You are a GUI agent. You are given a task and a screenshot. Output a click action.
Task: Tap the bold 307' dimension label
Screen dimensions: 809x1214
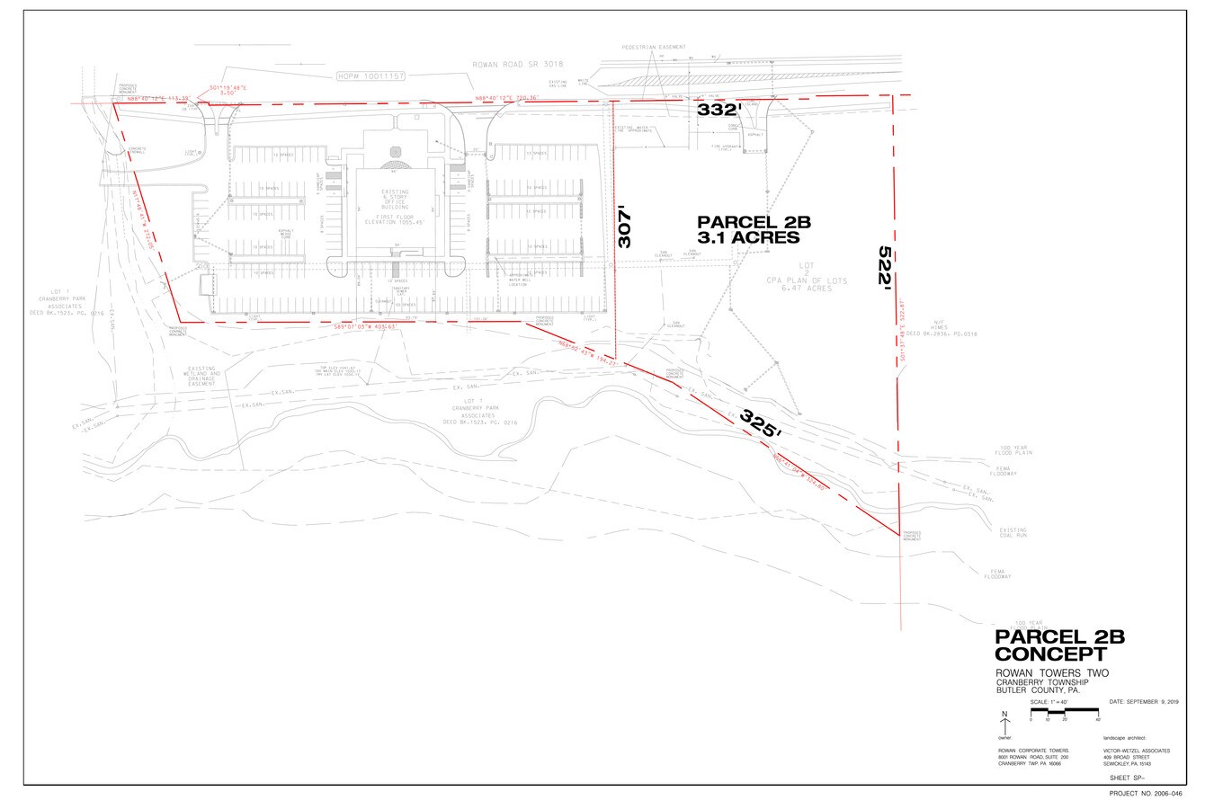(627, 228)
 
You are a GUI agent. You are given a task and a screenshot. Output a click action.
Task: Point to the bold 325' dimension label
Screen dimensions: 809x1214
(760, 423)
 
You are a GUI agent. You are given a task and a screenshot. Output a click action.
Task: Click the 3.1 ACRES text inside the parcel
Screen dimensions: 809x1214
(748, 238)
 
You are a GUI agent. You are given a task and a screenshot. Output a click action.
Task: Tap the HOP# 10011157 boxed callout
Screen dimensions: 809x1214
(370, 77)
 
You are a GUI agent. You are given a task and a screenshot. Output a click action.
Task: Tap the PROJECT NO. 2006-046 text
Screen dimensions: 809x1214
(1147, 795)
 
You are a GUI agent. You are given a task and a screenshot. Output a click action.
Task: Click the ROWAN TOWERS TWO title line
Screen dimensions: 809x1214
(1051, 673)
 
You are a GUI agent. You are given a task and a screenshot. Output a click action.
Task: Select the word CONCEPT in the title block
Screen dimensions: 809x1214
(1050, 654)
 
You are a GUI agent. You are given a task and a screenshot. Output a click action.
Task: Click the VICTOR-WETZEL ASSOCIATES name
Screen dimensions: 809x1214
(1137, 751)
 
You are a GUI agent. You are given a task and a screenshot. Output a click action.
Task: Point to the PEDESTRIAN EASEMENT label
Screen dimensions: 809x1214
(653, 47)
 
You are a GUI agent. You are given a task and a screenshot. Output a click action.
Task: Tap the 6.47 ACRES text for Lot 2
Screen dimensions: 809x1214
(781, 289)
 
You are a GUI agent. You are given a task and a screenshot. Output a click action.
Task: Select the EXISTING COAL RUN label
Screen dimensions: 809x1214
(1013, 533)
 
